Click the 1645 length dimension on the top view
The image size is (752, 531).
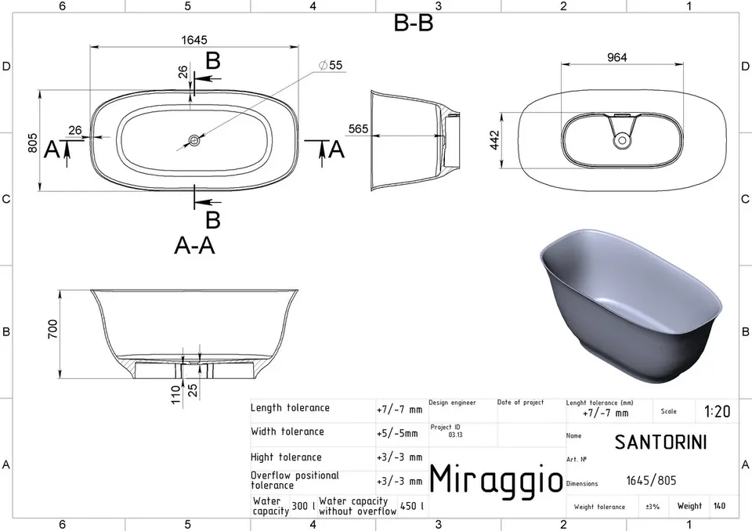tap(194, 40)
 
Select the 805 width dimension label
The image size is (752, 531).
tap(32, 143)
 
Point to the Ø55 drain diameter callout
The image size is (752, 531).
tap(331, 65)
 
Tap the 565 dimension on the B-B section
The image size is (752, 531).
tap(358, 128)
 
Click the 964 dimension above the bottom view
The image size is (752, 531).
tap(616, 57)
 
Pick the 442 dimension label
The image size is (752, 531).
tap(494, 140)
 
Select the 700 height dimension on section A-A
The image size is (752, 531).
tap(52, 329)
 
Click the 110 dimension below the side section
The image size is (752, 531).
tap(176, 394)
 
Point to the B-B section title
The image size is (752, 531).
tap(414, 23)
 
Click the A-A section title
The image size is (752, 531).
tap(194, 246)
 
